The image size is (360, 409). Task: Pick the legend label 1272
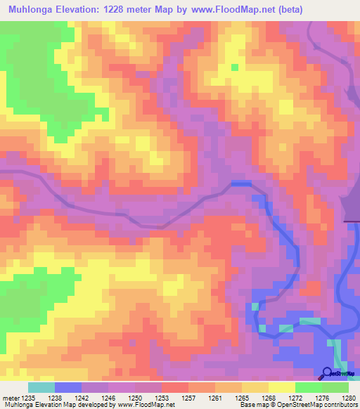click(x=296, y=398)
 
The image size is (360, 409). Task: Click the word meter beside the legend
click(x=10, y=398)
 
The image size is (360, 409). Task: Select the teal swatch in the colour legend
click(x=41, y=387)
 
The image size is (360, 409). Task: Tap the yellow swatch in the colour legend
click(x=282, y=387)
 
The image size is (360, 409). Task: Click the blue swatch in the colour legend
click(x=68, y=387)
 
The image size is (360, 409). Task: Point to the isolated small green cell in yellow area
click(x=235, y=67)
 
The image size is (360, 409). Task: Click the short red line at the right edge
click(x=352, y=221)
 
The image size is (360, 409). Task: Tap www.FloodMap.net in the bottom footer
click(x=145, y=405)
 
